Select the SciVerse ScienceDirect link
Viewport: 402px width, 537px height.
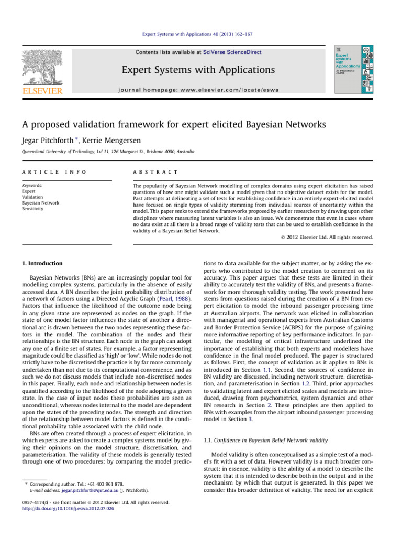pyautogui.click(x=234, y=52)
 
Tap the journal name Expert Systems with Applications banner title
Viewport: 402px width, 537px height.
pyautogui.click(x=198, y=70)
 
